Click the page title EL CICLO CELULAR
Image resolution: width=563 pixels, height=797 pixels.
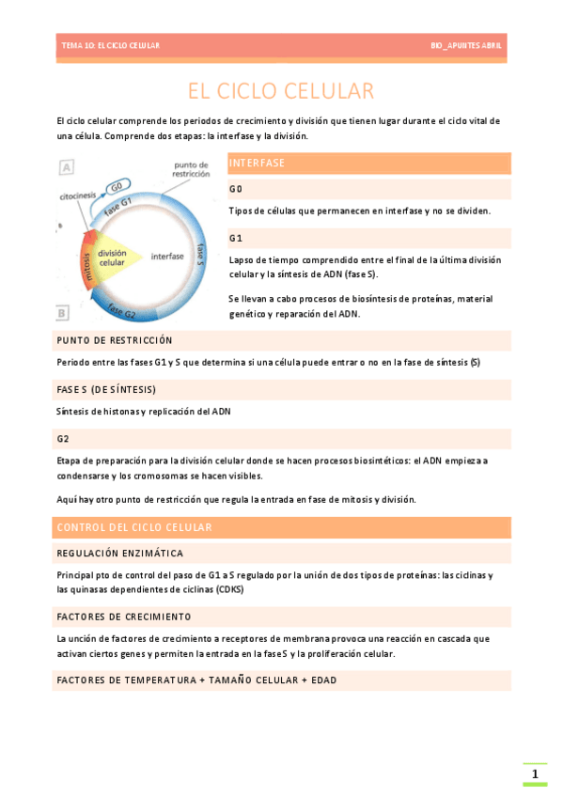[x=281, y=91]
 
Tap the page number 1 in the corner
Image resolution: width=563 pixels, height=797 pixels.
[x=535, y=774]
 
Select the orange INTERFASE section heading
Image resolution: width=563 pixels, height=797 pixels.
[x=257, y=164]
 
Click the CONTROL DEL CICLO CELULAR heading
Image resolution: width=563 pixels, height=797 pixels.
[x=134, y=527]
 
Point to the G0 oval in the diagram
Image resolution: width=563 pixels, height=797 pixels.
[x=117, y=186]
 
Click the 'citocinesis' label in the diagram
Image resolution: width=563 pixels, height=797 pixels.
[x=78, y=197]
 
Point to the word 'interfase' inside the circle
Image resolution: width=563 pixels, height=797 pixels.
[x=167, y=256]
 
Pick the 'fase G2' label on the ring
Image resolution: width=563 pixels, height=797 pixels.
[x=122, y=309]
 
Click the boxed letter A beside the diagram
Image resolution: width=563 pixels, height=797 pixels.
[x=67, y=167]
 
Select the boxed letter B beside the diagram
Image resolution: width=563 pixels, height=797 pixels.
[x=63, y=313]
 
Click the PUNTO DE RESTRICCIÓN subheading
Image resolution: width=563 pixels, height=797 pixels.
[x=115, y=340]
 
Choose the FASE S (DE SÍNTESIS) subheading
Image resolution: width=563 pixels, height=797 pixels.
[x=106, y=389]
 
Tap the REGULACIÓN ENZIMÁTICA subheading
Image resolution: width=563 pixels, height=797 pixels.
[x=120, y=554]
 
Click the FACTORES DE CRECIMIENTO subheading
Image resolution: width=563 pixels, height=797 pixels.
[x=124, y=617]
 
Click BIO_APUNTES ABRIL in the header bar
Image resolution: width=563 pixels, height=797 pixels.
[x=466, y=45]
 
